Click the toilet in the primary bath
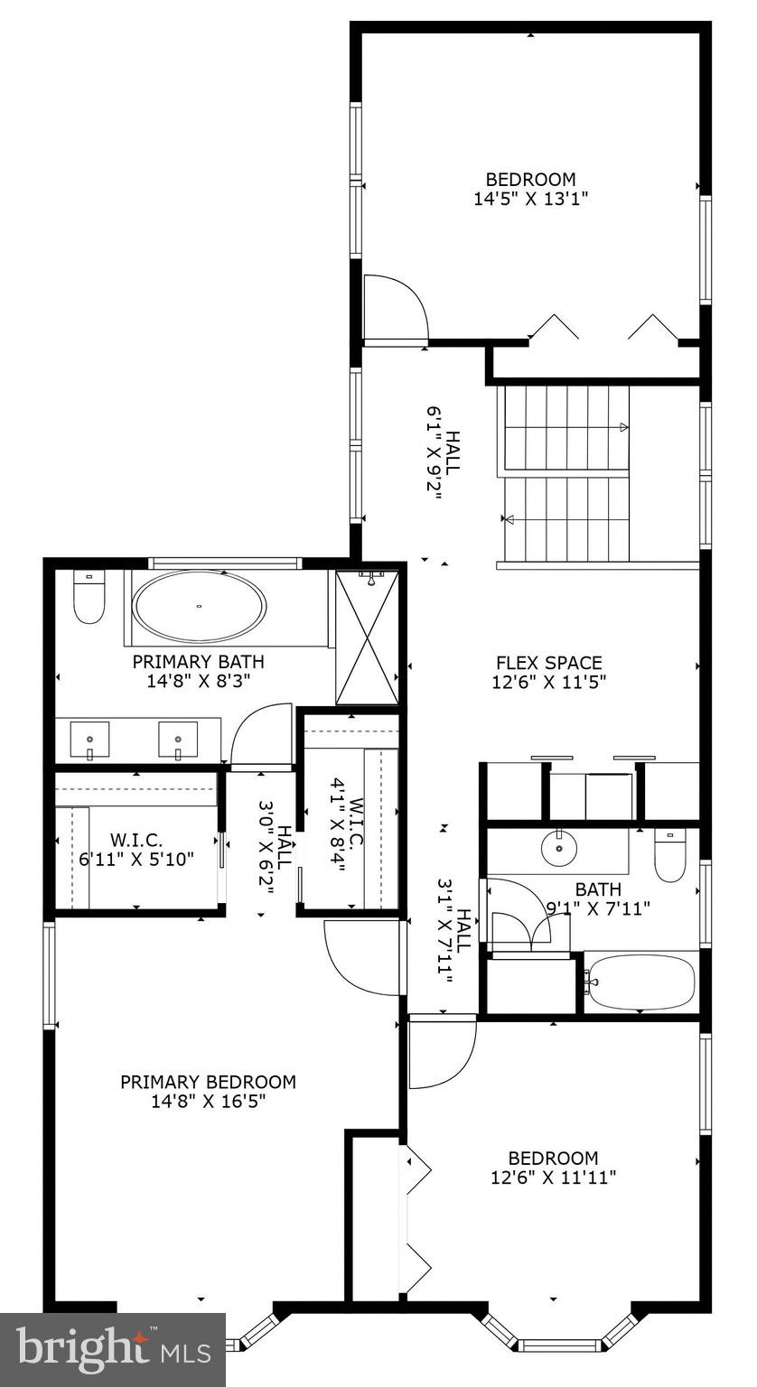click(88, 600)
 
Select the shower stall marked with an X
click(367, 637)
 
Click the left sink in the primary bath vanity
click(89, 740)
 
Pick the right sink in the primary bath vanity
click(178, 740)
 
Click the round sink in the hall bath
click(560, 847)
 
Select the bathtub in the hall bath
click(641, 982)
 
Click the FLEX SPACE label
click(548, 662)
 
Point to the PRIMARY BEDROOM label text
click(208, 1082)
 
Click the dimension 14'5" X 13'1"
click(530, 198)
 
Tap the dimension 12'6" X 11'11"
click(553, 1178)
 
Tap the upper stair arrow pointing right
click(623, 428)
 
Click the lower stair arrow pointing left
click(508, 519)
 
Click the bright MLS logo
click(113, 1349)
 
